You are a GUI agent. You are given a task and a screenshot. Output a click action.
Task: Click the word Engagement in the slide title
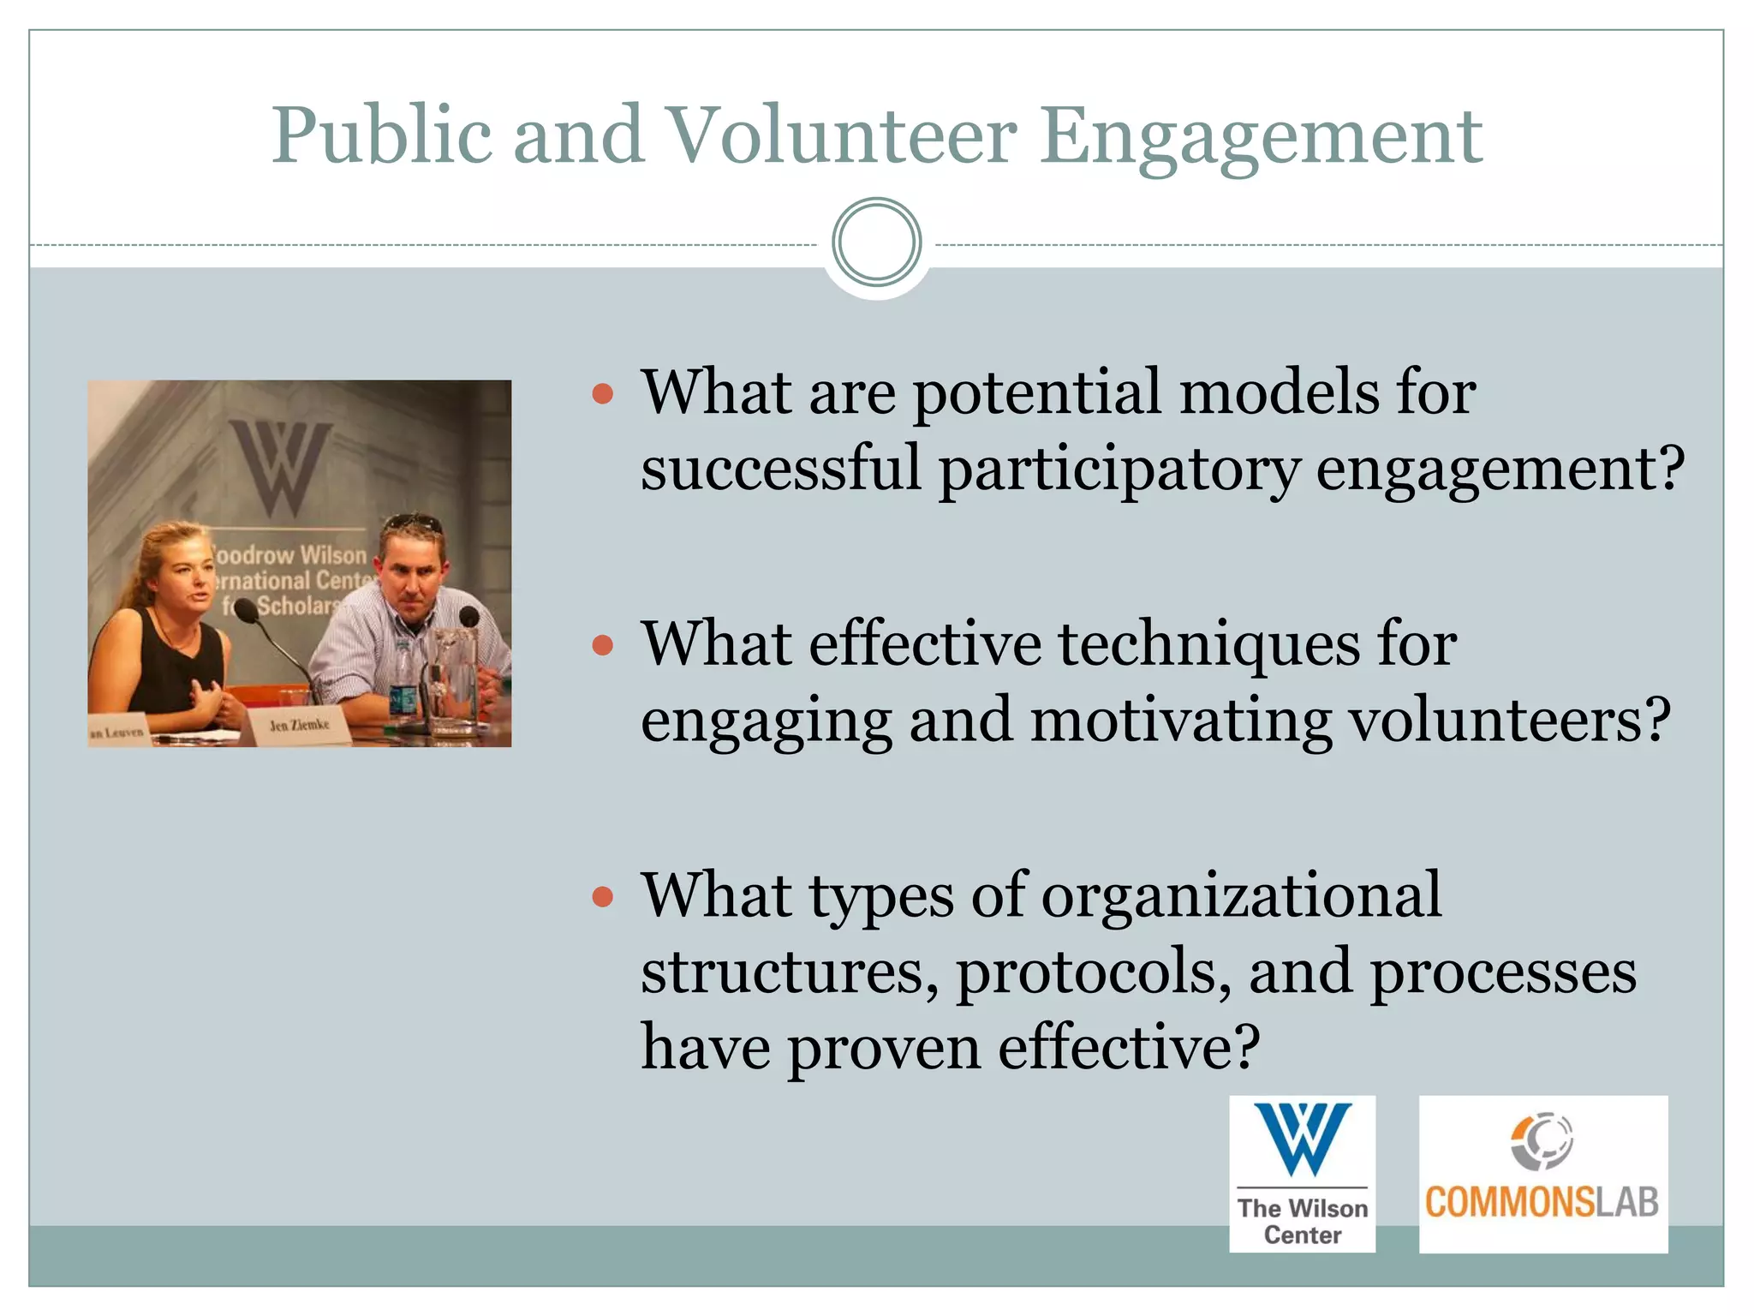coord(1261,137)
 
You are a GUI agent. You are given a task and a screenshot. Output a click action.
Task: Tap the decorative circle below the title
coord(876,242)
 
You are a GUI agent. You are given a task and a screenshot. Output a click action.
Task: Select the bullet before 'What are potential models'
coord(603,394)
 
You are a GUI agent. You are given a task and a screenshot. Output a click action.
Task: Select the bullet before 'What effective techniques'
coord(603,645)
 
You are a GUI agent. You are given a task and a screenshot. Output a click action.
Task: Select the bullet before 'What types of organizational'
coord(603,897)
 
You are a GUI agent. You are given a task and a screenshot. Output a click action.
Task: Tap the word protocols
coord(1093,972)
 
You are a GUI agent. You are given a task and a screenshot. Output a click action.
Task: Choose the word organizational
coord(1241,896)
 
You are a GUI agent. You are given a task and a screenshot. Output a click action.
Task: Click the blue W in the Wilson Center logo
coord(1302,1139)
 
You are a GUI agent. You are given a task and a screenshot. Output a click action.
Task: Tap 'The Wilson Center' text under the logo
coord(1302,1221)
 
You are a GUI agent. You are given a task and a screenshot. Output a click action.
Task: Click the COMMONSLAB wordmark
coord(1542,1202)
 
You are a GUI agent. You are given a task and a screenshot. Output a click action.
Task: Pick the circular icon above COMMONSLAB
coord(1542,1141)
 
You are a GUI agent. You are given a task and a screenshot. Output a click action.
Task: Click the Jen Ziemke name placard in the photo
coord(299,726)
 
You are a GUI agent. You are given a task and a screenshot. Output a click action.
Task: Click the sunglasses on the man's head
coord(414,522)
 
